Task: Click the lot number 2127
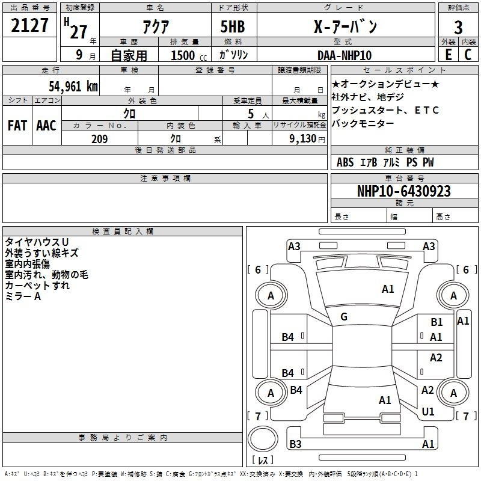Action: point(29,25)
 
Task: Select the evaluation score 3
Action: point(458,27)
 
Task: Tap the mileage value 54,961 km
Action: point(73,86)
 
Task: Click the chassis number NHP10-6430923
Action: point(404,191)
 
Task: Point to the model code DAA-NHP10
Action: point(345,55)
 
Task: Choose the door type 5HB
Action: point(233,26)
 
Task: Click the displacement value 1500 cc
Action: point(189,55)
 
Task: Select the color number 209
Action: point(99,139)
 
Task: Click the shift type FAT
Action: point(17,126)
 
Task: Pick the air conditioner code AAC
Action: point(46,126)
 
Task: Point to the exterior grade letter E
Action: point(449,55)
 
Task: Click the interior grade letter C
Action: point(468,55)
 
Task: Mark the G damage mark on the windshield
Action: point(344,317)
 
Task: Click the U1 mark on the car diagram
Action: point(428,412)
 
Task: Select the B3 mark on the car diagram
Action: point(295,444)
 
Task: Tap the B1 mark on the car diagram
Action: point(437,322)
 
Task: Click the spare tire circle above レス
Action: point(263,438)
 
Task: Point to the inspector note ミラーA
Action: point(23,296)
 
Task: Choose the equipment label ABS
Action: point(345,162)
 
